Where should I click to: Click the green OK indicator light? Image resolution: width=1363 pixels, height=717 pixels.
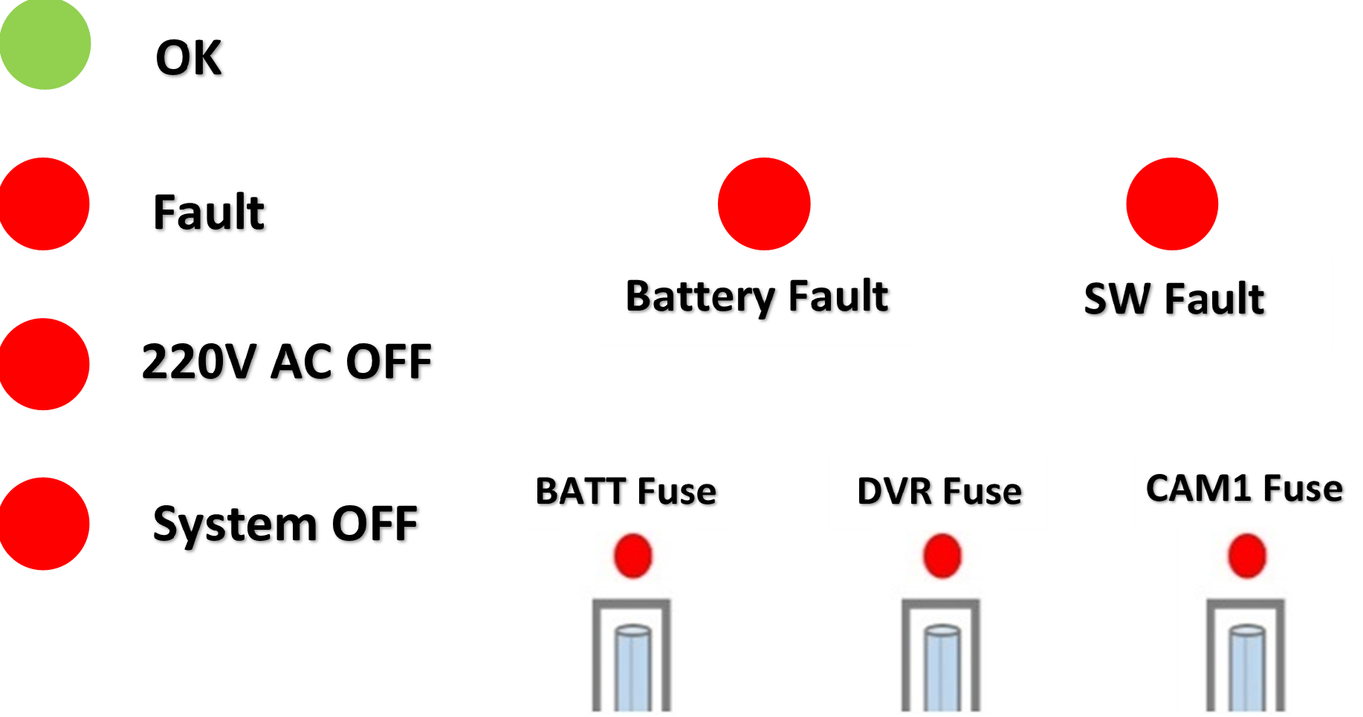click(x=45, y=44)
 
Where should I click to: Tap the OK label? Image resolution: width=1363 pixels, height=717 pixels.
click(x=187, y=56)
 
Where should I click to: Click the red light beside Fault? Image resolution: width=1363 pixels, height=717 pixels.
click(x=45, y=204)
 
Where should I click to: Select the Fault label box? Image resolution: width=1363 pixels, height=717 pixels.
click(x=208, y=210)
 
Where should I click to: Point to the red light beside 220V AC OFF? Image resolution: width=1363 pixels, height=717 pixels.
click(x=45, y=364)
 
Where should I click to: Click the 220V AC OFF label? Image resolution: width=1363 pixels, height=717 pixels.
click(x=285, y=360)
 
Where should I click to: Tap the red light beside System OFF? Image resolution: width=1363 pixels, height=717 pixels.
click(x=45, y=524)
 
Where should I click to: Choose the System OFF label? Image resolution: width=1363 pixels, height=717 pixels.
click(x=284, y=530)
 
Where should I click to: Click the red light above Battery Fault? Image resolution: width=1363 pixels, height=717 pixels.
click(x=764, y=204)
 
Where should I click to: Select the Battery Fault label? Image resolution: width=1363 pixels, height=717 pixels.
click(x=755, y=300)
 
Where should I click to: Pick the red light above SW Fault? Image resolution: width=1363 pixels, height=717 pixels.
click(x=1172, y=204)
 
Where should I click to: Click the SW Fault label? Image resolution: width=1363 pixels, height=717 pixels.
click(x=1173, y=303)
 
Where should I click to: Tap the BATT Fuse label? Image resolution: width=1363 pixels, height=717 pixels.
click(x=625, y=492)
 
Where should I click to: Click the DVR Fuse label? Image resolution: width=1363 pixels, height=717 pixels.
click(x=938, y=492)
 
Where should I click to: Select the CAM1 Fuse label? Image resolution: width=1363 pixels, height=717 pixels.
click(x=1244, y=489)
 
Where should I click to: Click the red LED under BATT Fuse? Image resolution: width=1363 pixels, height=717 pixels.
click(x=632, y=556)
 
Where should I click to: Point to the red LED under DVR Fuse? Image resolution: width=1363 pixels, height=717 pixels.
click(x=942, y=556)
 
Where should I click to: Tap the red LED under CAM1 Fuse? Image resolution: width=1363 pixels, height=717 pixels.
click(x=1246, y=556)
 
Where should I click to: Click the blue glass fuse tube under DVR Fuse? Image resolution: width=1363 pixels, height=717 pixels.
click(x=942, y=667)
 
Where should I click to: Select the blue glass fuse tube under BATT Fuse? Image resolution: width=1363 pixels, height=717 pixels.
click(x=632, y=667)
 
